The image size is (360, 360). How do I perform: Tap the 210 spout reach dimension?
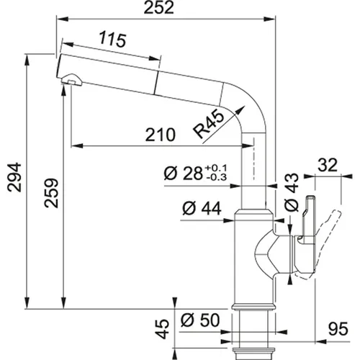click(160, 135)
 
